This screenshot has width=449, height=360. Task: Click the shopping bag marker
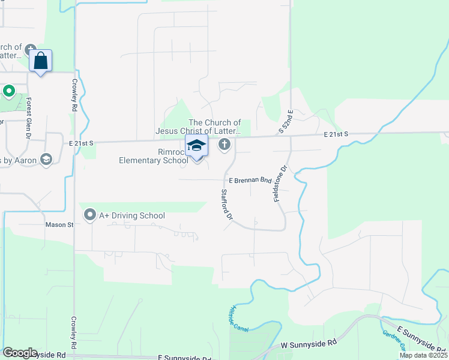point(40,61)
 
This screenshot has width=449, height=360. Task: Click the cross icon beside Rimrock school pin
point(224,144)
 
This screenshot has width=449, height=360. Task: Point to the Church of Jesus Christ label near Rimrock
point(198,127)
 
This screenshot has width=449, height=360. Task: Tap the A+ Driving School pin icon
point(90,214)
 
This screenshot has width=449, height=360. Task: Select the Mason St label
point(59,225)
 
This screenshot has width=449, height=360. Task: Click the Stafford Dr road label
point(226,205)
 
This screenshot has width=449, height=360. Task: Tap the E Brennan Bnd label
point(250,180)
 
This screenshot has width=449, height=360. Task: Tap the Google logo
point(20,352)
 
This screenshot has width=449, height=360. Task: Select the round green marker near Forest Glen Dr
point(8,91)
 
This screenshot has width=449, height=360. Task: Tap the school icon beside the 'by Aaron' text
point(46,159)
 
